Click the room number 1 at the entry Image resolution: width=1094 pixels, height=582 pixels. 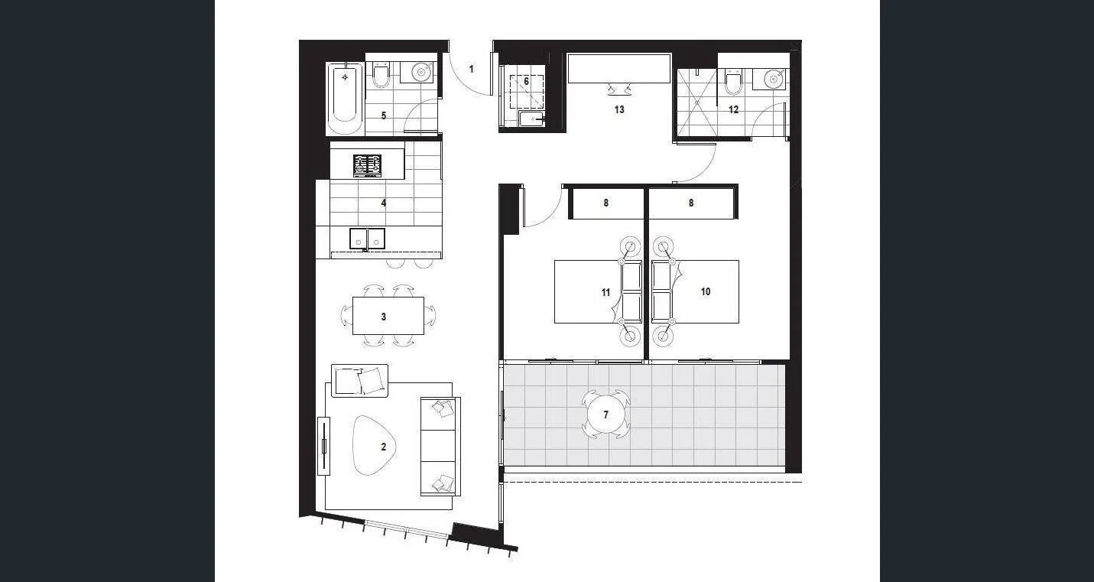click(472, 70)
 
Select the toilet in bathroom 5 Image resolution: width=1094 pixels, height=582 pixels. click(381, 74)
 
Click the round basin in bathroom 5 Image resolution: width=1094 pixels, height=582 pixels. click(421, 72)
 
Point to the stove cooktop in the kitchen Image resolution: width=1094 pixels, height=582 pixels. click(367, 165)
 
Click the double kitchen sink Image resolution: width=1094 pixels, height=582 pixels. click(368, 239)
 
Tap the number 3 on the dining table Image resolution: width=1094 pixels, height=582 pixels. click(384, 317)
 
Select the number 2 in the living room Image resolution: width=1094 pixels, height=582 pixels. click(384, 447)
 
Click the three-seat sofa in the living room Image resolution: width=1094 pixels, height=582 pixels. click(440, 446)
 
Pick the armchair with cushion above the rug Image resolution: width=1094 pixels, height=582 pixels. click(360, 380)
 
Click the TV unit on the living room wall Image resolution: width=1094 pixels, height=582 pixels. click(324, 446)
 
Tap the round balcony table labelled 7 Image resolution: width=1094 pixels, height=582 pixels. click(606, 415)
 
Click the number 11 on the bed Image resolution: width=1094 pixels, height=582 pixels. click(605, 292)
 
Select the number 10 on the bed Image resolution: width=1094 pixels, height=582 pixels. click(706, 291)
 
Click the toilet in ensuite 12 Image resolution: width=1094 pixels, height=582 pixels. click(734, 80)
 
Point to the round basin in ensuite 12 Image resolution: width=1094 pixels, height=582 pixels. click(773, 78)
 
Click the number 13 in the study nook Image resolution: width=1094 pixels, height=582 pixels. click(619, 109)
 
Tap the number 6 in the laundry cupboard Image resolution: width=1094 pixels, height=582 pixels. click(526, 81)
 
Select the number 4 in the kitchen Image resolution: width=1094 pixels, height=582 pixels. click(384, 203)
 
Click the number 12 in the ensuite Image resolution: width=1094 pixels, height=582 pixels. click(734, 109)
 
